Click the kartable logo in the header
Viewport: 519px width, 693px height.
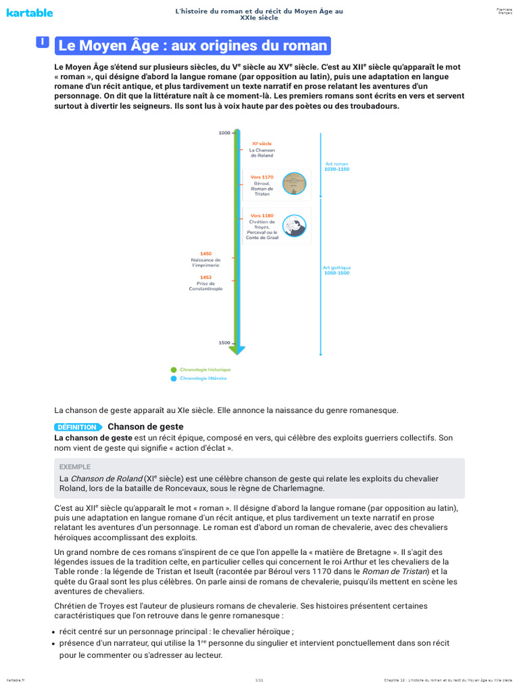coord(30,13)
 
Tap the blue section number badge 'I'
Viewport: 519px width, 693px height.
coord(43,43)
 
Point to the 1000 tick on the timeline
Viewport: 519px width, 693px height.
coord(224,133)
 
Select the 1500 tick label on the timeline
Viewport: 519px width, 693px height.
coord(224,343)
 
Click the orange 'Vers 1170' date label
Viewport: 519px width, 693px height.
coord(262,177)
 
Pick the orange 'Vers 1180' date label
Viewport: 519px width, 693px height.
coord(262,215)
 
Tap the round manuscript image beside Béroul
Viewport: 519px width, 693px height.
coord(294,183)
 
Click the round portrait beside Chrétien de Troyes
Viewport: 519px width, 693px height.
coord(294,225)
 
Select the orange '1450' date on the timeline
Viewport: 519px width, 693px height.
coord(205,254)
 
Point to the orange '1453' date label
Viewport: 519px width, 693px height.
coord(205,277)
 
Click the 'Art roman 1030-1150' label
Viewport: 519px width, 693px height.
coord(337,166)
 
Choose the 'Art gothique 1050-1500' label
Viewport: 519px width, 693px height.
coord(337,269)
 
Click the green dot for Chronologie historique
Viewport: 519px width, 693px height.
coord(174,370)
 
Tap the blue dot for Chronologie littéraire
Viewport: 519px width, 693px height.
coord(174,378)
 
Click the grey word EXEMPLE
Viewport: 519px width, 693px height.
coord(74,467)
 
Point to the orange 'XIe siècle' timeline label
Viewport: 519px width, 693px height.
coord(262,143)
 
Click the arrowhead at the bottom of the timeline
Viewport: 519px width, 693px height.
coord(237,350)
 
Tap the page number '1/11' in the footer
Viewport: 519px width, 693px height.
coord(259,679)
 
